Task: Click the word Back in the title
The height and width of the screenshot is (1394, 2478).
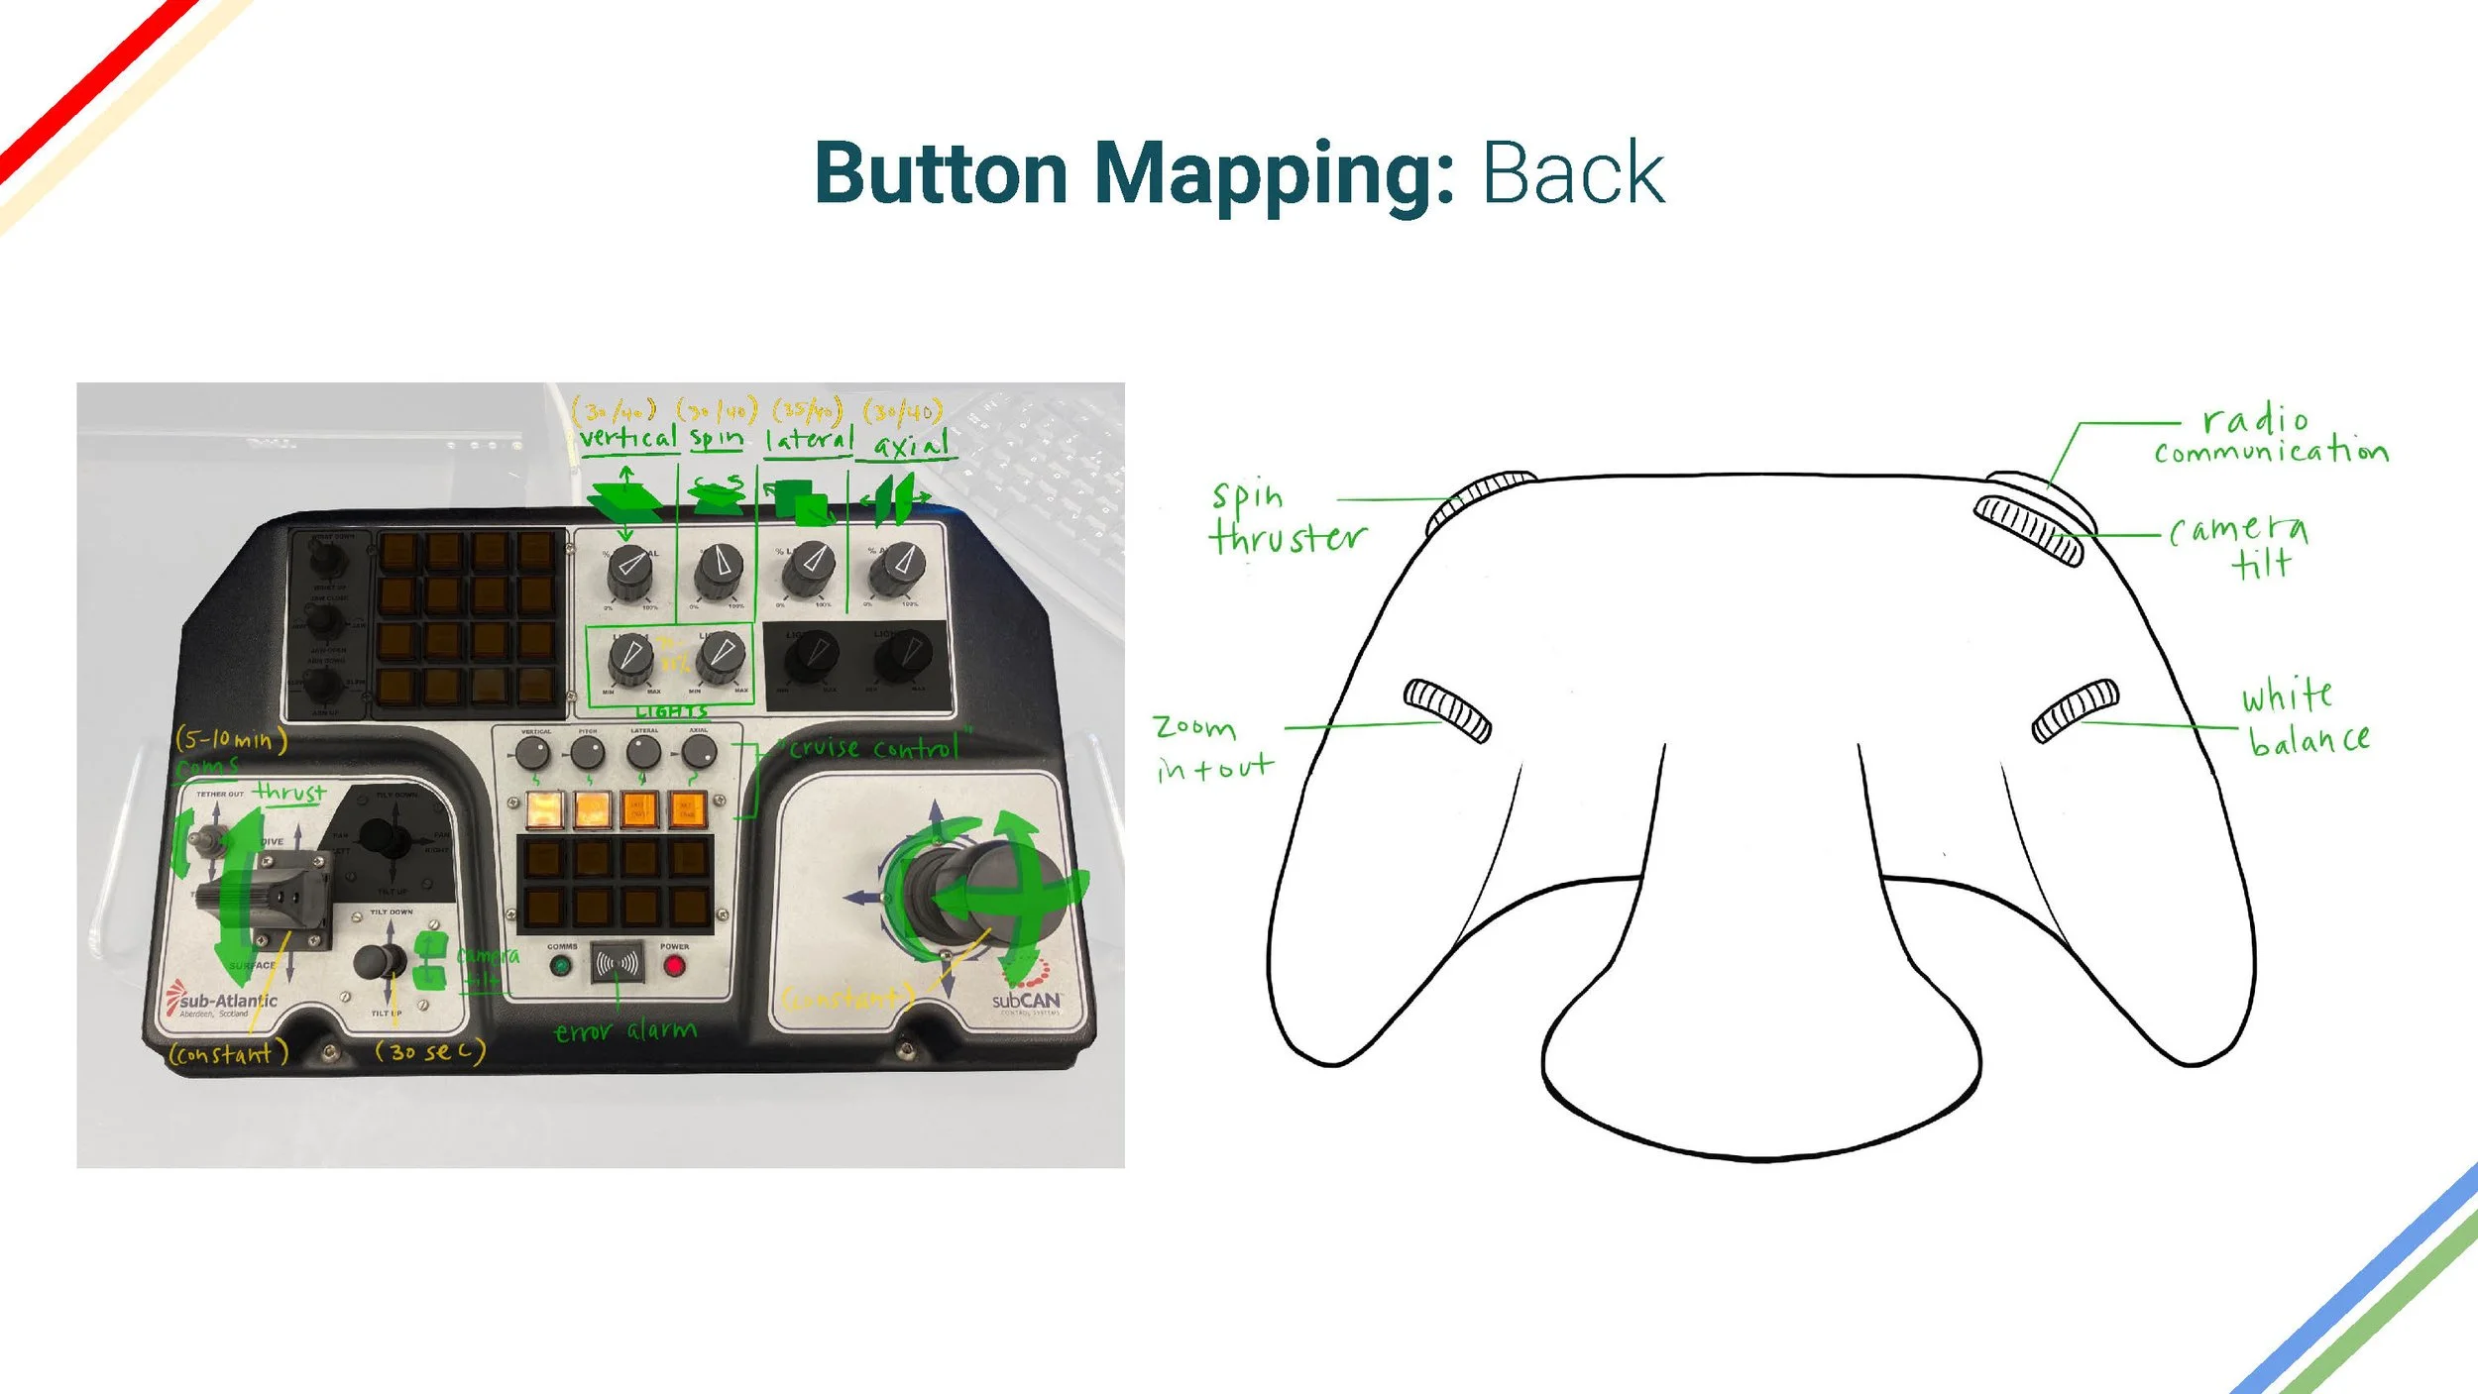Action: [x=1572, y=174]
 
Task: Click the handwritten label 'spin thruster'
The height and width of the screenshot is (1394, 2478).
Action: [x=1286, y=518]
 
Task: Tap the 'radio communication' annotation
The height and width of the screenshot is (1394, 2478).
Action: [x=2270, y=435]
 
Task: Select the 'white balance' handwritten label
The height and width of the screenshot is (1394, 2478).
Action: [x=2305, y=716]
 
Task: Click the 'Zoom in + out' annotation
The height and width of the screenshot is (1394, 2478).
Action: [x=1212, y=748]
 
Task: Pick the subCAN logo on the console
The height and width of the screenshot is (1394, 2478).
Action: [x=1026, y=1000]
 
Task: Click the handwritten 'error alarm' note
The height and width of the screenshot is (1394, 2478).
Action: [x=624, y=1031]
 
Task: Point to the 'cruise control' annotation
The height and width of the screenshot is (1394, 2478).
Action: [x=873, y=748]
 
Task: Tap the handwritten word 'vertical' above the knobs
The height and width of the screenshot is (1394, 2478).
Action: [x=627, y=437]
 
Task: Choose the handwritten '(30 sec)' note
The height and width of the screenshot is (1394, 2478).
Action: [x=429, y=1051]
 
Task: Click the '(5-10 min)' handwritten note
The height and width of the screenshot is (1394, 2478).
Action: [x=231, y=739]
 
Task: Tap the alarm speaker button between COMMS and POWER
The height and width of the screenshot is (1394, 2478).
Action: [x=617, y=962]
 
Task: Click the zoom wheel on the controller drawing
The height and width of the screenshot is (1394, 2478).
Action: [x=1447, y=709]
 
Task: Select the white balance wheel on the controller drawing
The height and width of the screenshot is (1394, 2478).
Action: [x=2075, y=709]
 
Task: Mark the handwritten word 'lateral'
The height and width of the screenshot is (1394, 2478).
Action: [x=808, y=439]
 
